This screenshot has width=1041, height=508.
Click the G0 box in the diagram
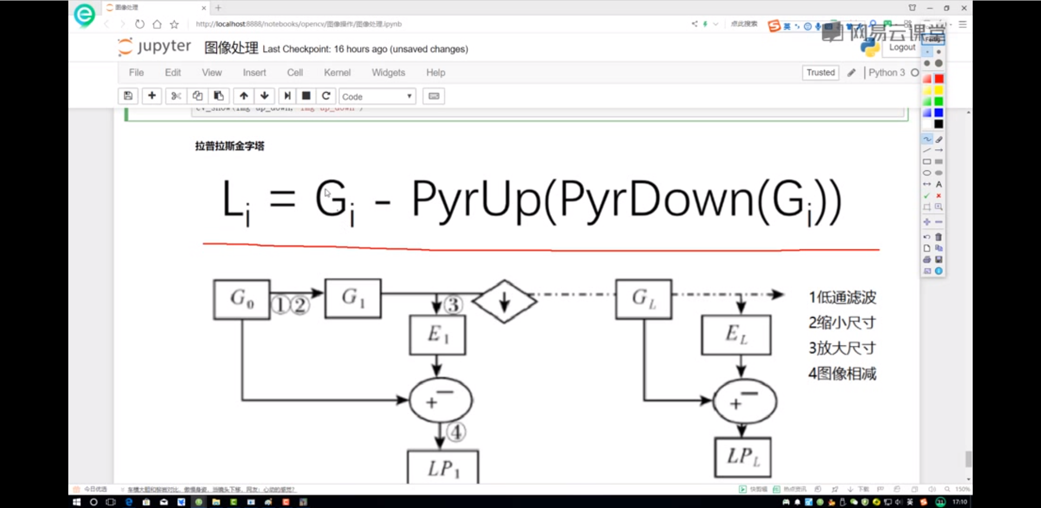(242, 299)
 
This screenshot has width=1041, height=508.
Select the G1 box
(353, 298)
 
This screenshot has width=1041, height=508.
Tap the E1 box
(438, 335)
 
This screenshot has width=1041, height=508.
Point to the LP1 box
(443, 467)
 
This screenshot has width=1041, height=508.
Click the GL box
(644, 299)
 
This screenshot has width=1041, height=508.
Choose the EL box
(736, 335)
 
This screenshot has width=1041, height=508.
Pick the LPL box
(743, 457)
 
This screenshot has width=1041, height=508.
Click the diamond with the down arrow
(504, 301)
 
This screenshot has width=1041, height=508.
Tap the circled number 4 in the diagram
(457, 432)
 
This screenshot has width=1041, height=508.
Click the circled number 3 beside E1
(453, 305)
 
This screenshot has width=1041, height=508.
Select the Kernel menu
(337, 73)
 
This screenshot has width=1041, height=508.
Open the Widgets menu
(388, 73)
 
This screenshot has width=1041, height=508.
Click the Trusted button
(820, 73)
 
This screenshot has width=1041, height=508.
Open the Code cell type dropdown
(377, 97)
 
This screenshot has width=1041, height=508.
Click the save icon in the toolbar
(128, 96)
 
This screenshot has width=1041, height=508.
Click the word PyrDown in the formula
(657, 200)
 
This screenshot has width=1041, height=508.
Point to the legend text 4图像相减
(842, 374)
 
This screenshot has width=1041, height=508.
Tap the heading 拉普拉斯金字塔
(230, 146)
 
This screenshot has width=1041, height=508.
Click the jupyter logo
(155, 47)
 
